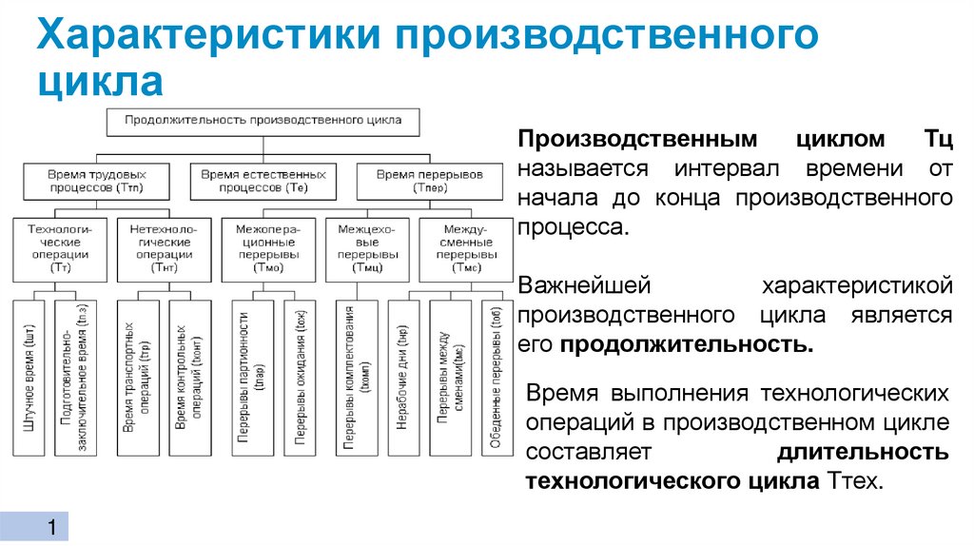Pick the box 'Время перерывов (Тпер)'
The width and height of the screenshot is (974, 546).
[x=430, y=180]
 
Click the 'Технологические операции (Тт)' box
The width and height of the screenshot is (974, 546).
[x=58, y=249]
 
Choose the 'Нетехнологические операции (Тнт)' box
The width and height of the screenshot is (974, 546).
[x=157, y=249]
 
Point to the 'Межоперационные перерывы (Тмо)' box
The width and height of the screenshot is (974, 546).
[x=265, y=249]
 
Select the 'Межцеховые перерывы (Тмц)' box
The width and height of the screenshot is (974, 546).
[x=366, y=249]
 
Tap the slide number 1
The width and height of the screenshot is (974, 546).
[x=52, y=528]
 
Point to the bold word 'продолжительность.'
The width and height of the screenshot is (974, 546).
[x=686, y=344]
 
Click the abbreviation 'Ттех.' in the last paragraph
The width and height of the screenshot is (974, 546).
[x=855, y=481]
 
